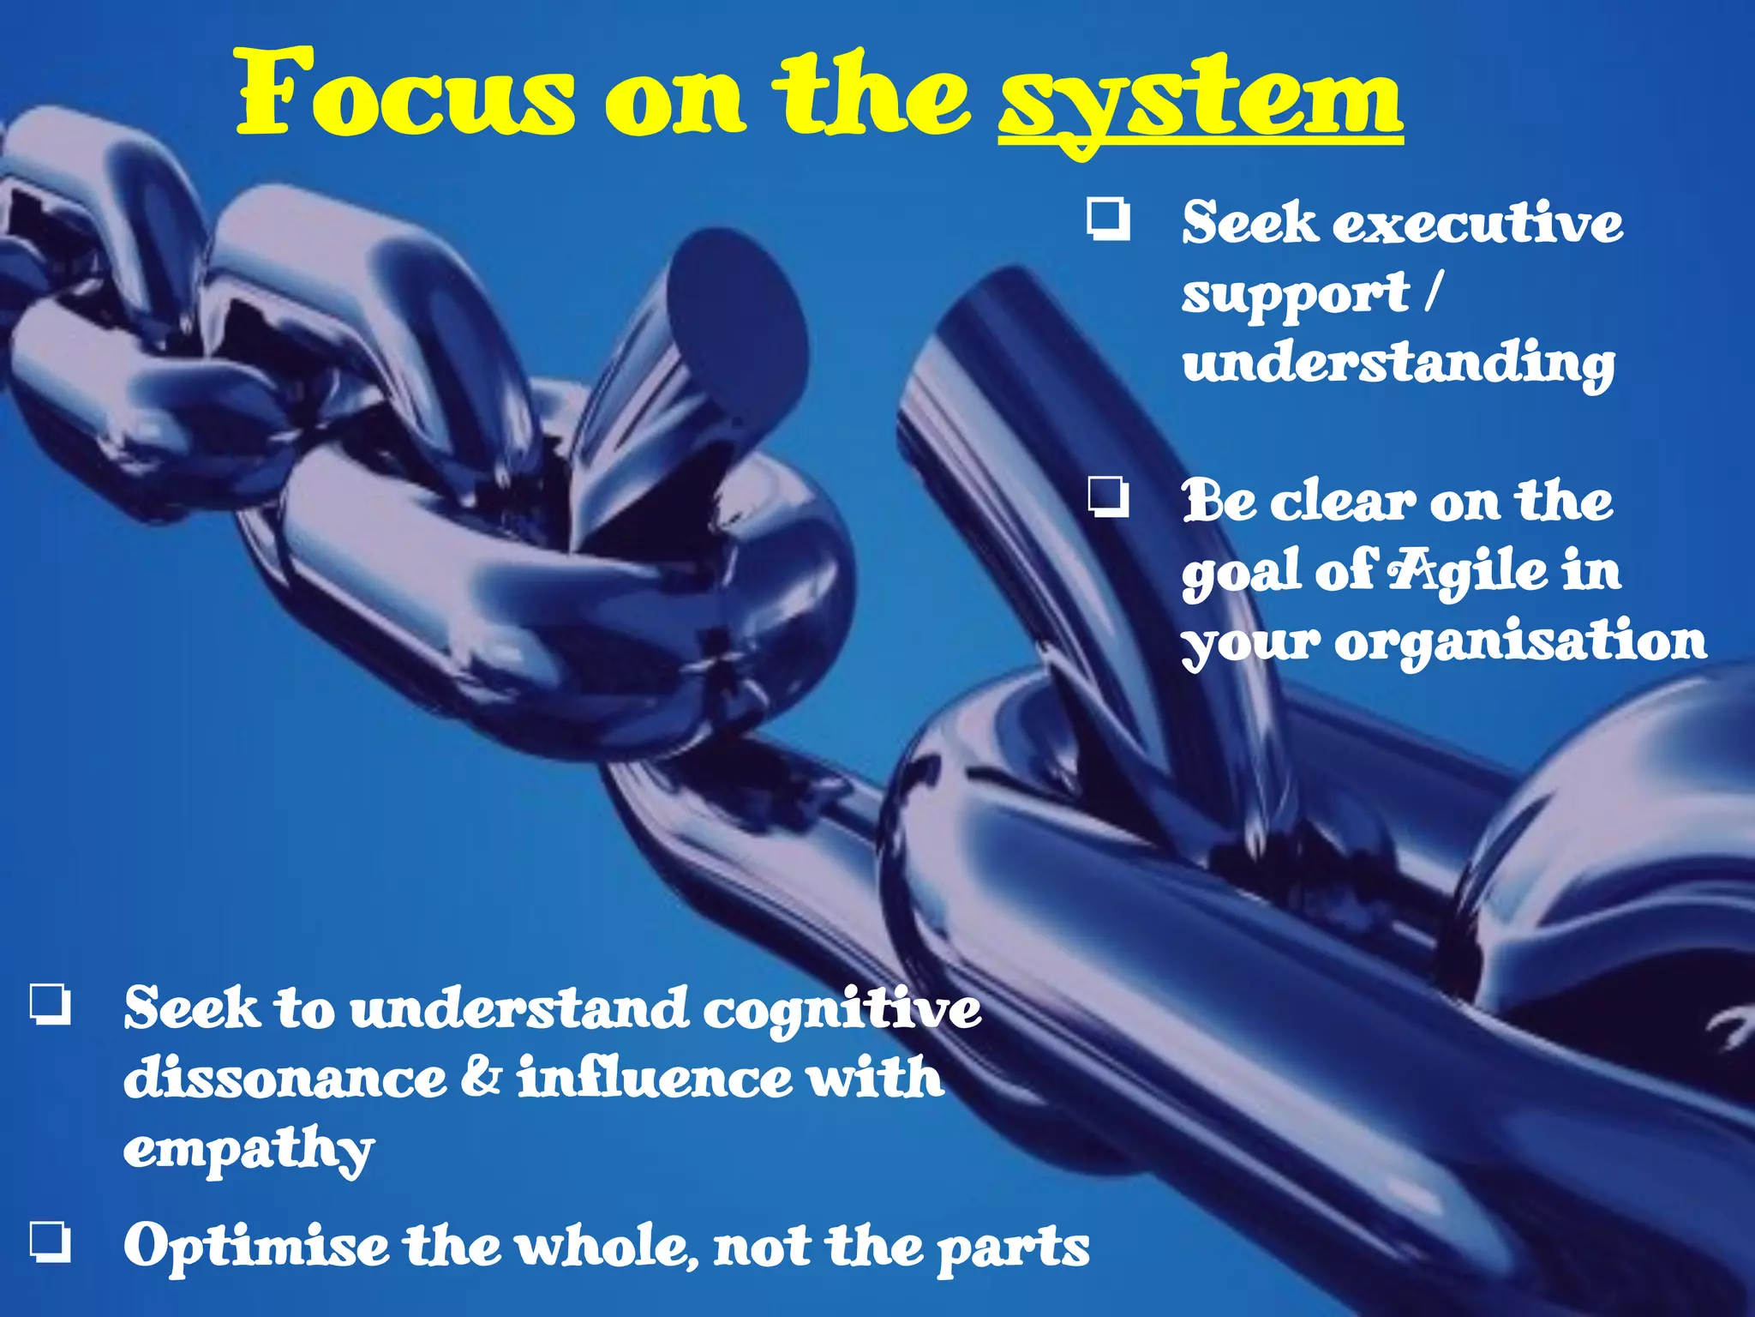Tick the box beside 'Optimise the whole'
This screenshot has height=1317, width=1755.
pos(51,1241)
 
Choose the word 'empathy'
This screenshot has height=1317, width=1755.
pos(249,1149)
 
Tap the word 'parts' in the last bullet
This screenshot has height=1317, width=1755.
pos(1013,1248)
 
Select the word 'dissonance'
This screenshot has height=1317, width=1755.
pos(285,1079)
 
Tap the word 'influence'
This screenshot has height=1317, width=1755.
pos(655,1079)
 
